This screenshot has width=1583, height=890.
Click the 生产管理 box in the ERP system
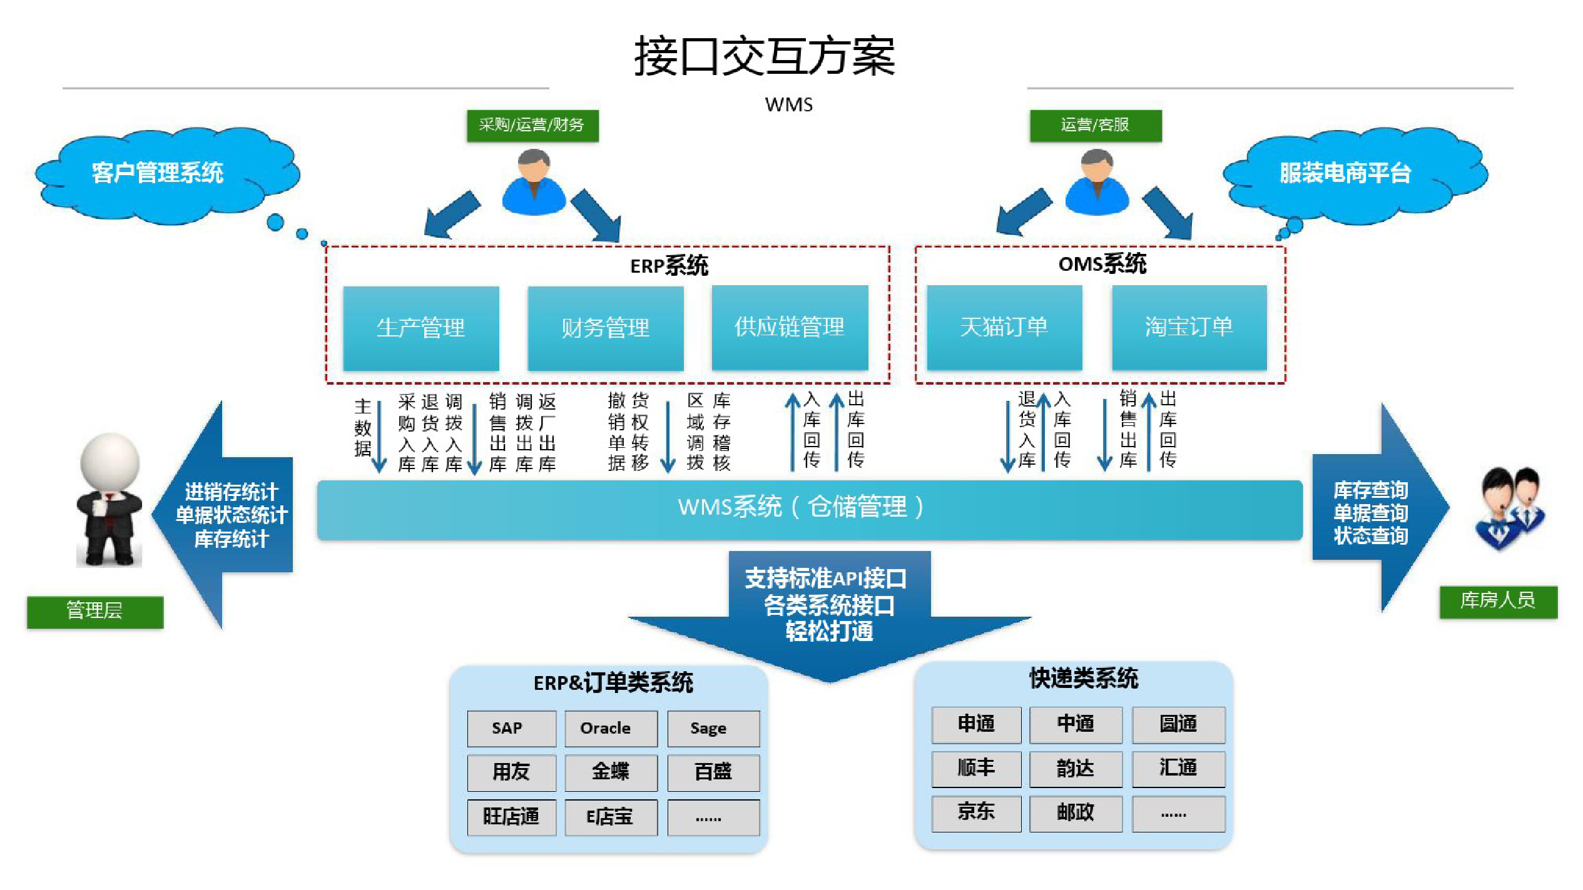coord(420,328)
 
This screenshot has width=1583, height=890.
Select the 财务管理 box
coord(605,328)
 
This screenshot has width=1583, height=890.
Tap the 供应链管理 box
coord(790,327)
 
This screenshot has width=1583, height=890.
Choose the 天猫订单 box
coord(1004,327)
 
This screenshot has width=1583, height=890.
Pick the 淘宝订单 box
coord(1189,327)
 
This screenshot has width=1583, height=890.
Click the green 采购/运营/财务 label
coord(532,125)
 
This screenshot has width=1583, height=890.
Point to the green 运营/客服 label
coord(1096,125)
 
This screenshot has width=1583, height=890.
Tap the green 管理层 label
coord(94,611)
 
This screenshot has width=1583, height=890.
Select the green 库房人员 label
coord(1498,601)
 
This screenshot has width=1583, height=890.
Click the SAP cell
coord(511,728)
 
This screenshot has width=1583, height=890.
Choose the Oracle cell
coord(610,728)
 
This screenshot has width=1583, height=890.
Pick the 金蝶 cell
coord(610,772)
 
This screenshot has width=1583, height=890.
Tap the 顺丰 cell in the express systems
coord(976,768)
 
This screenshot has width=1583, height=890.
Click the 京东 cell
coord(976,812)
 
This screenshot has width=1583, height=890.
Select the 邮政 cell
coord(1075,812)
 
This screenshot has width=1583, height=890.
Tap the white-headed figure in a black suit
coord(109,500)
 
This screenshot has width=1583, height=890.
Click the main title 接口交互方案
coord(765,56)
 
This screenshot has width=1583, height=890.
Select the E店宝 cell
coord(610,817)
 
